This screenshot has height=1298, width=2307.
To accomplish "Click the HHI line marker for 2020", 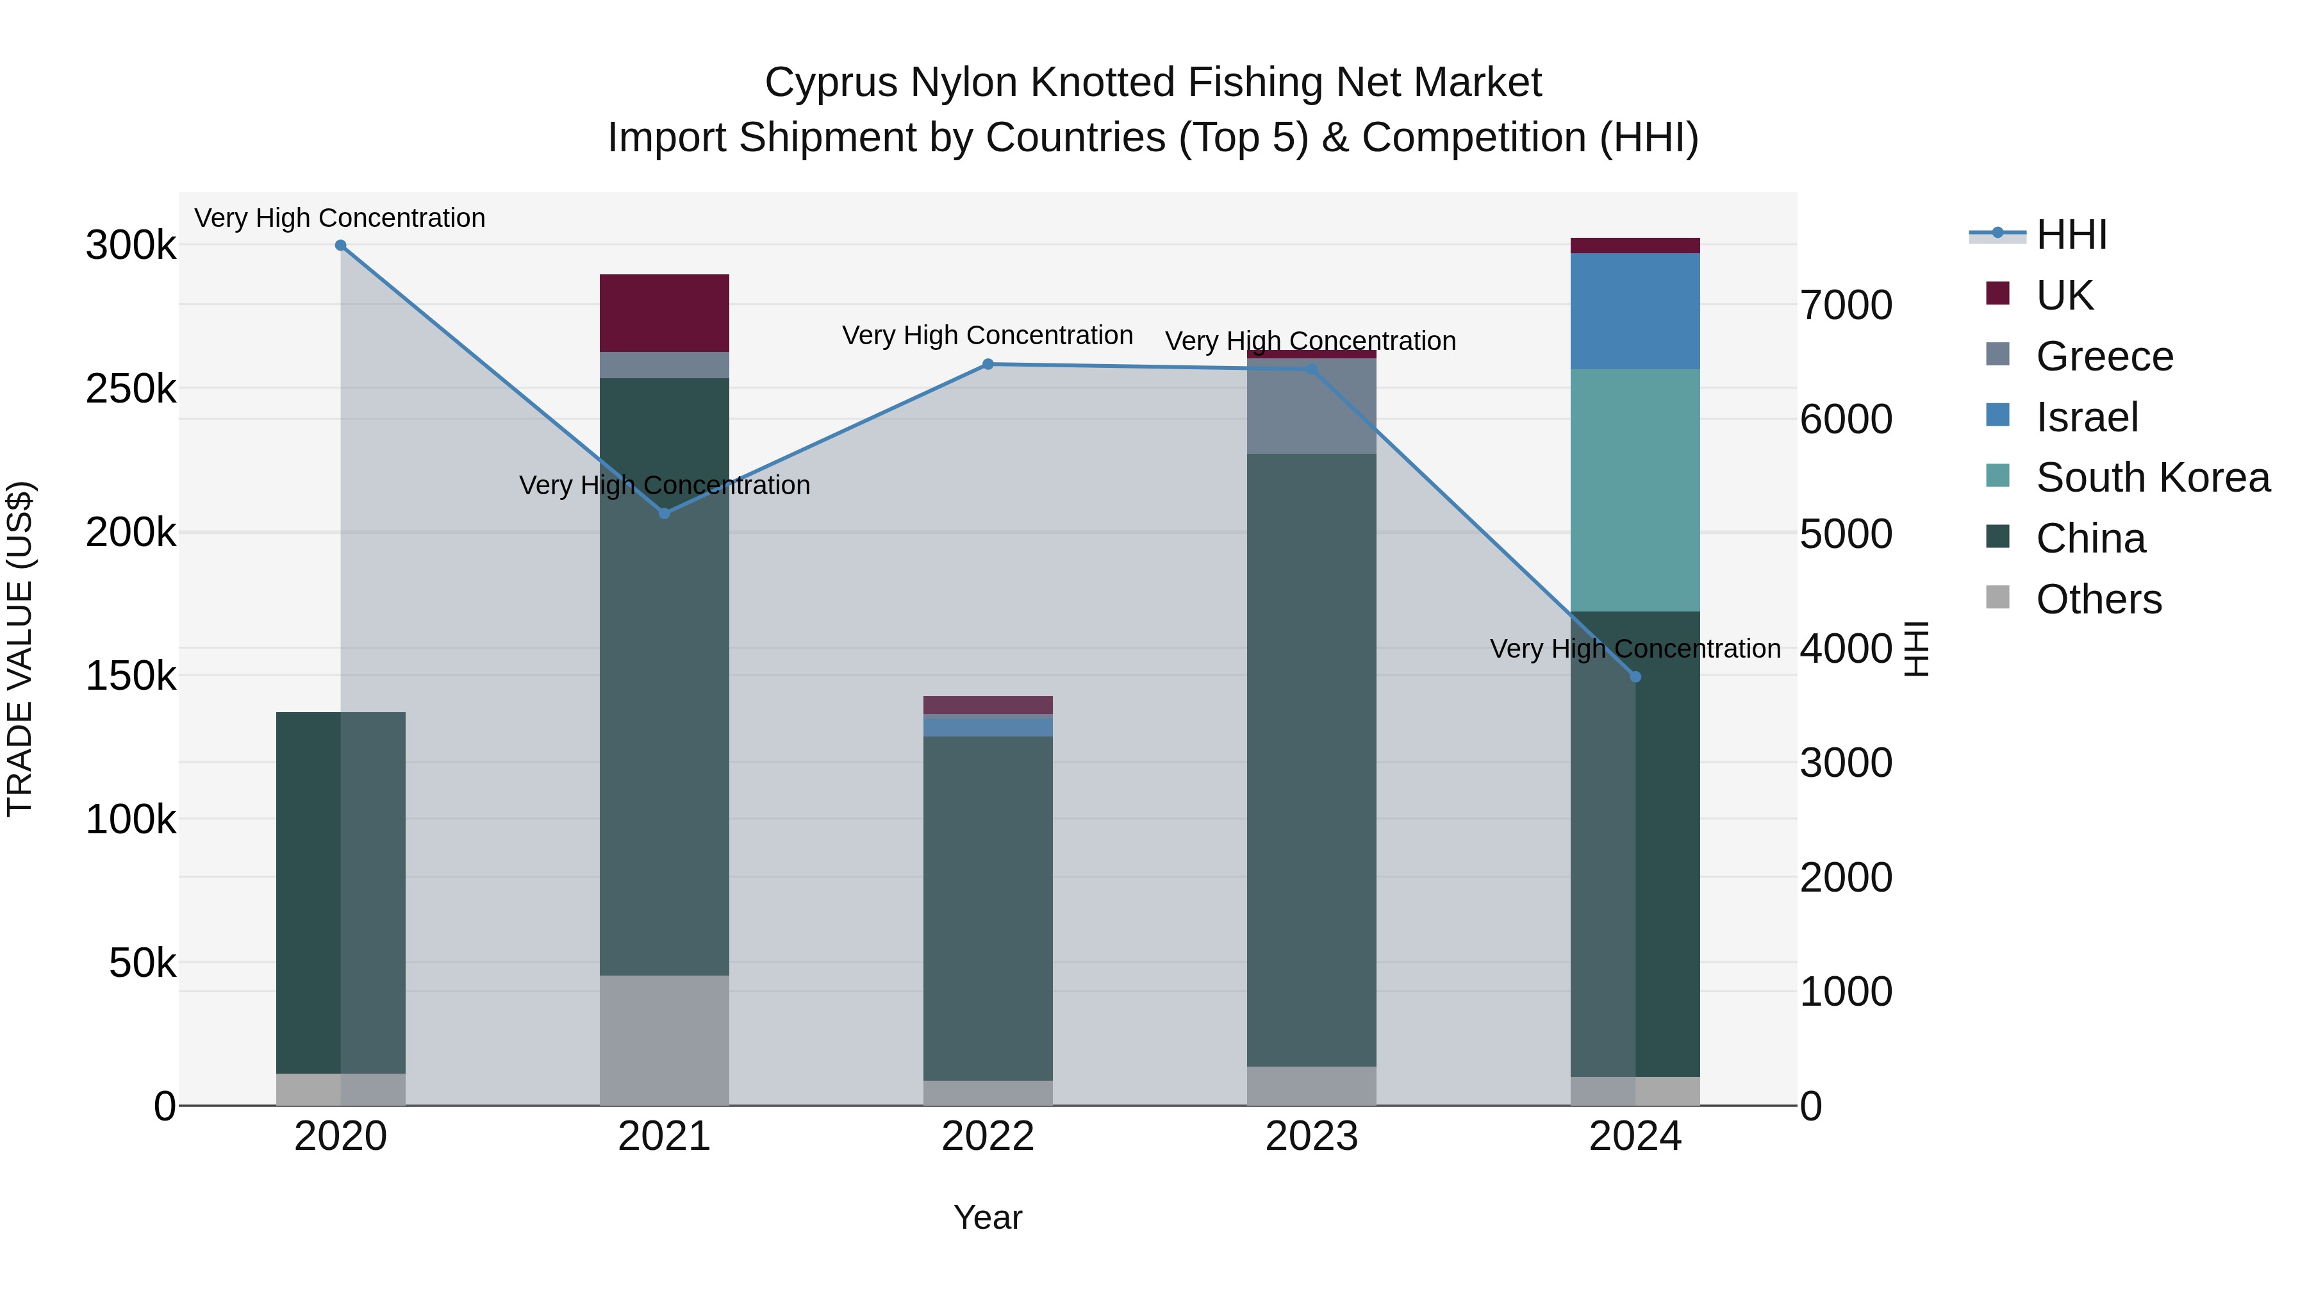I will [x=340, y=245].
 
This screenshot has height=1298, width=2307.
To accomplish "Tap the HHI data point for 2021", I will [x=665, y=513].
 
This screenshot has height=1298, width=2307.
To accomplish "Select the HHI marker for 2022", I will [x=988, y=365].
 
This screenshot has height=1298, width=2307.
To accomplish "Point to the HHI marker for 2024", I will [x=1635, y=678].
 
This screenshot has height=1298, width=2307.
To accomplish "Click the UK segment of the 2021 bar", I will [x=665, y=313].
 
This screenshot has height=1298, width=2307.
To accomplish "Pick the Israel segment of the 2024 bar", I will [x=1635, y=311].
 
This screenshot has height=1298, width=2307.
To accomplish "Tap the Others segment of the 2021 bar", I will [x=665, y=1040].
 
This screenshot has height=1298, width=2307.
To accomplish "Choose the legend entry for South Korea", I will [x=2152, y=478].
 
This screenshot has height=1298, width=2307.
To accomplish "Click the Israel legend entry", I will [x=2086, y=417].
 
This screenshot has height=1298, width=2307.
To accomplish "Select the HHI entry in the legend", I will [x=2071, y=235].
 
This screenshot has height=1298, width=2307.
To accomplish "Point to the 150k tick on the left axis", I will [x=131, y=676].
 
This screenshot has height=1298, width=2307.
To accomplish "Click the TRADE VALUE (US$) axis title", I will [x=21, y=649].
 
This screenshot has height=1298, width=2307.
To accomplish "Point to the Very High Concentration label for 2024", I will [x=1635, y=649].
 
